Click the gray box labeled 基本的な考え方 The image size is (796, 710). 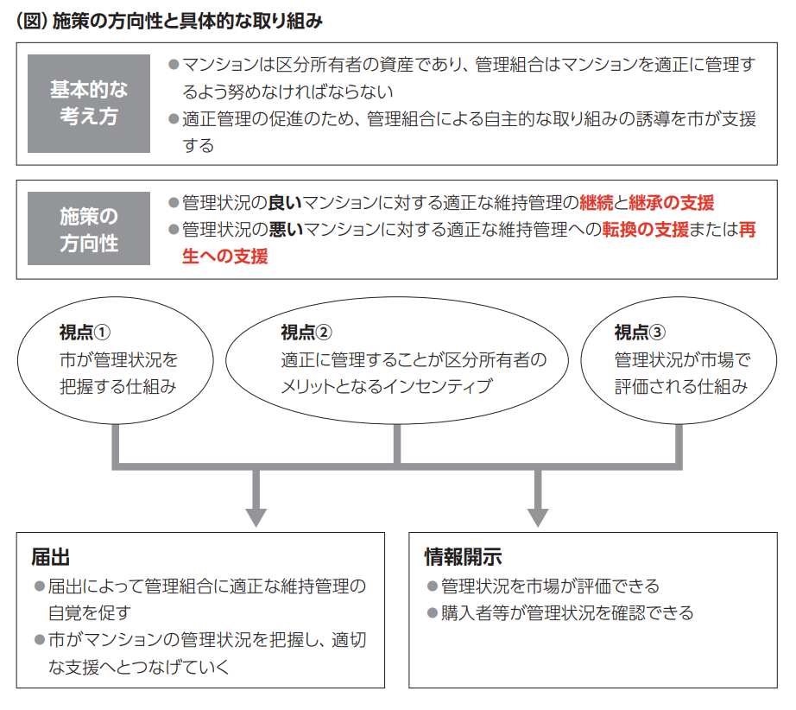click(x=89, y=104)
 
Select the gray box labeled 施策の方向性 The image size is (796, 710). click(x=89, y=229)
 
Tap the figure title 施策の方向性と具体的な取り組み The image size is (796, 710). click(x=187, y=21)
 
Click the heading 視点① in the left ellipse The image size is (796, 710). click(x=85, y=333)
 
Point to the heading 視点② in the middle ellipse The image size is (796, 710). click(x=306, y=333)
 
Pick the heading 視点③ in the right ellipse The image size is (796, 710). click(x=640, y=333)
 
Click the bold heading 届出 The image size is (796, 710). click(x=50, y=557)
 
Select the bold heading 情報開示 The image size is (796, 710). click(x=463, y=557)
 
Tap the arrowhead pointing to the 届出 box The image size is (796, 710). click(x=256, y=517)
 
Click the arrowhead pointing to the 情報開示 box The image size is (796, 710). click(x=538, y=517)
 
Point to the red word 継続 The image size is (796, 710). click(x=596, y=203)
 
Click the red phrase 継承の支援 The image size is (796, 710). click(x=671, y=203)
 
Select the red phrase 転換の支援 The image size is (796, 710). click(x=645, y=230)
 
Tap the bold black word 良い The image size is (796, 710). click(x=285, y=203)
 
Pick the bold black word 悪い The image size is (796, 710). click(x=286, y=230)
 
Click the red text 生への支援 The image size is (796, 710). click(x=224, y=257)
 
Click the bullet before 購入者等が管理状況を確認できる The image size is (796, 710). click(x=433, y=613)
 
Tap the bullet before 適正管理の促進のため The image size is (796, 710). click(x=174, y=119)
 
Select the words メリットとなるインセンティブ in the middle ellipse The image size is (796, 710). click(x=386, y=386)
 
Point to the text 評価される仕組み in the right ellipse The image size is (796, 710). click(x=681, y=386)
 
